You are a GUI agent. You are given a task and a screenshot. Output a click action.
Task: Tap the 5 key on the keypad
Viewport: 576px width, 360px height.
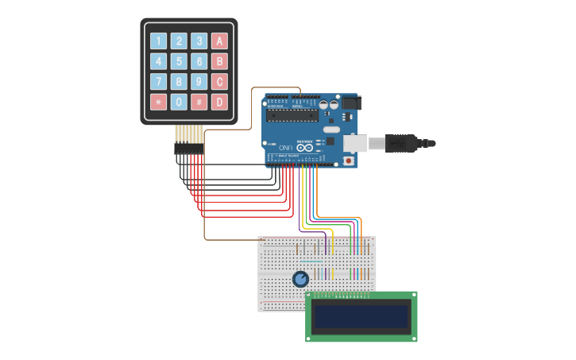point(180,62)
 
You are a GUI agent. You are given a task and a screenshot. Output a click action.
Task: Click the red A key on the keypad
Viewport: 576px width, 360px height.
point(219,41)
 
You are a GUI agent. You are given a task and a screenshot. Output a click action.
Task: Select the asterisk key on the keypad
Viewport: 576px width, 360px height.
point(159,102)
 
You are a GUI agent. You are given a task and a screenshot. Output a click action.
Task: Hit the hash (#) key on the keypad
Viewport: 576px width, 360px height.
point(199,102)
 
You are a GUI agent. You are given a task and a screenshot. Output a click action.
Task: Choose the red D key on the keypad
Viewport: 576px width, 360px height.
point(219,102)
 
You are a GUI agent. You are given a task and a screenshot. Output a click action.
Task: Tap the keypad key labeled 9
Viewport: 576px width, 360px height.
point(199,82)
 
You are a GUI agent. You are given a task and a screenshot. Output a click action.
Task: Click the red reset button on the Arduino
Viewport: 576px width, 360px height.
point(348,161)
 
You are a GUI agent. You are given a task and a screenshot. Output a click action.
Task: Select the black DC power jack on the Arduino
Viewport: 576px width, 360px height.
point(350,103)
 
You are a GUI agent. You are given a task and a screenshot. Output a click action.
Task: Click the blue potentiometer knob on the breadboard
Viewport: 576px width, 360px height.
point(300,279)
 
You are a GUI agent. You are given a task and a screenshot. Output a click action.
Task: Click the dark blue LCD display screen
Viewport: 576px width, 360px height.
point(361,317)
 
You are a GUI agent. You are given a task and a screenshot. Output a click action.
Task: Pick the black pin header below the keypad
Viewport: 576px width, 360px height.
point(189,149)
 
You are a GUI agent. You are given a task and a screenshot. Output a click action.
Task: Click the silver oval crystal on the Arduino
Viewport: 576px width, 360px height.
point(331,130)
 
